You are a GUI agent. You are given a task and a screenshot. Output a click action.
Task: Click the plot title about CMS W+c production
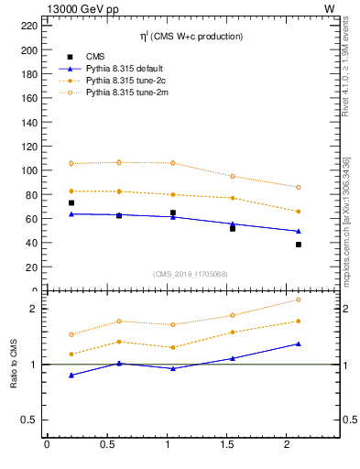191,37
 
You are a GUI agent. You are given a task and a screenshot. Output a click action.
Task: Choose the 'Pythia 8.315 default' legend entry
126,69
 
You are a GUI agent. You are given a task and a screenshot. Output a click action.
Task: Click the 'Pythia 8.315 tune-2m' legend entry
126,93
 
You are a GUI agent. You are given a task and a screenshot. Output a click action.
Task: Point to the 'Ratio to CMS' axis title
14,365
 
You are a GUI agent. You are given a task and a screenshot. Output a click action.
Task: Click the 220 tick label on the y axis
27,26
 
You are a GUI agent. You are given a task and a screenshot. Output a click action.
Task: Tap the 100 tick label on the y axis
27,170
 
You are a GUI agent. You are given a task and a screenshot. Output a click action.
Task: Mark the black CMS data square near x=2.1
299,245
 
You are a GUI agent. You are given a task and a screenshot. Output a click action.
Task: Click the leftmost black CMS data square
71,202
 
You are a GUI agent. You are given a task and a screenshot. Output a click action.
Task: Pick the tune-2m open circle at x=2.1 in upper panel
299,187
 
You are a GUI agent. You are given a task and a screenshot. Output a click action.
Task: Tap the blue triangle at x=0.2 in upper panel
71,213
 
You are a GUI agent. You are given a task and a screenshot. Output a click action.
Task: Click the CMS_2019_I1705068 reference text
191,272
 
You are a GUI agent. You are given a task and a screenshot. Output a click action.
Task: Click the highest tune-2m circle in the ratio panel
299,300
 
